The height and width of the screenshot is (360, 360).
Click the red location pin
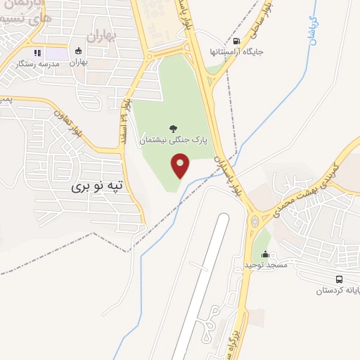[x=181, y=166]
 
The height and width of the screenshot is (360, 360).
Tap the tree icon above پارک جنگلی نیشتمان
[x=173, y=128]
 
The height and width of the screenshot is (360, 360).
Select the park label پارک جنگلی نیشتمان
[x=173, y=140]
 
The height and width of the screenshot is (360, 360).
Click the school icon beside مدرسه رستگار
[x=37, y=53]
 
